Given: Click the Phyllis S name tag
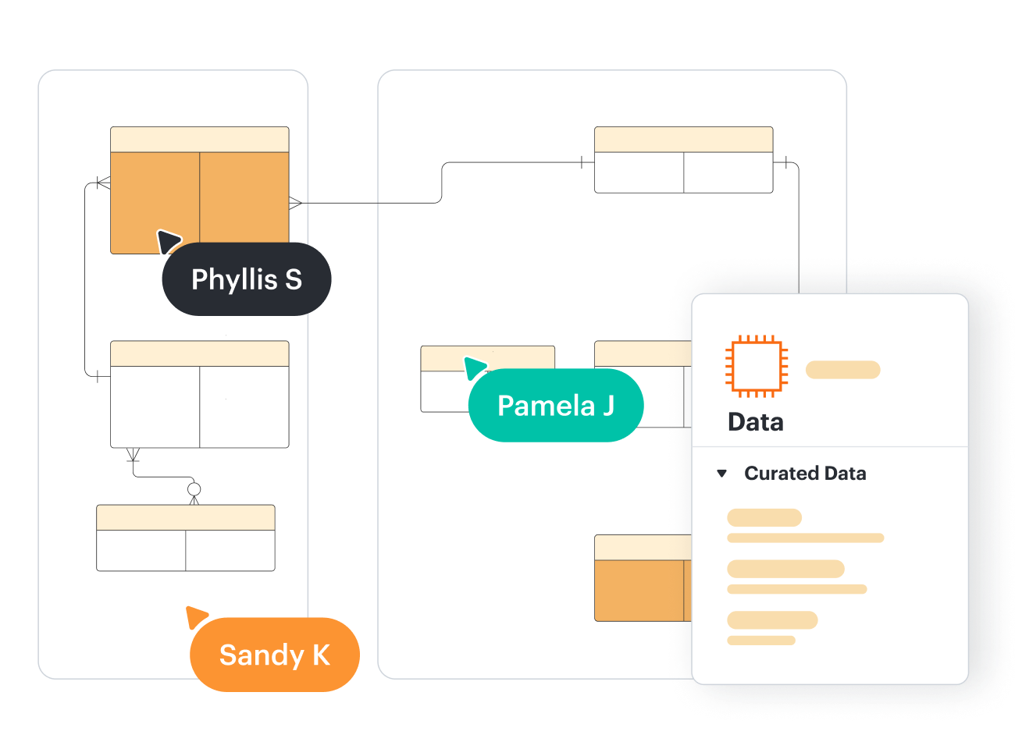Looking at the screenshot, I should [247, 279].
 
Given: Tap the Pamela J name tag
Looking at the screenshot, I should [556, 406].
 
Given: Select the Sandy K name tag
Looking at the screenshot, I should [275, 655].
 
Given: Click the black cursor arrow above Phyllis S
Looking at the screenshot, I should [168, 240].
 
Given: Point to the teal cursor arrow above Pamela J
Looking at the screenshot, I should [474, 367].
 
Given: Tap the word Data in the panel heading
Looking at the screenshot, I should [755, 422].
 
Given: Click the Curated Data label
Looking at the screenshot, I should [805, 474].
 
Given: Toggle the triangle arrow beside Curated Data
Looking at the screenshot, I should [722, 474].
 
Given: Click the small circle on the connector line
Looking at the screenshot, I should [194, 489].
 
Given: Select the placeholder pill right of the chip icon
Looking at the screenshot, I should [842, 370].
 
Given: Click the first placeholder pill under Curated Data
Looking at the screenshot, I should [764, 517].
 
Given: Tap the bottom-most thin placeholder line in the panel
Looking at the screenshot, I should [760, 641].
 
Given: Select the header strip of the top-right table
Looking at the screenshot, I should [683, 140].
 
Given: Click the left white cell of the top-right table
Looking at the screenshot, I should [639, 172].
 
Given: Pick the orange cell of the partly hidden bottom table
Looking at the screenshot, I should [639, 590].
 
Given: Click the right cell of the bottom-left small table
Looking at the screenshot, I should [230, 550].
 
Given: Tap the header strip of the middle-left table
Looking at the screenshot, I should [199, 353].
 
